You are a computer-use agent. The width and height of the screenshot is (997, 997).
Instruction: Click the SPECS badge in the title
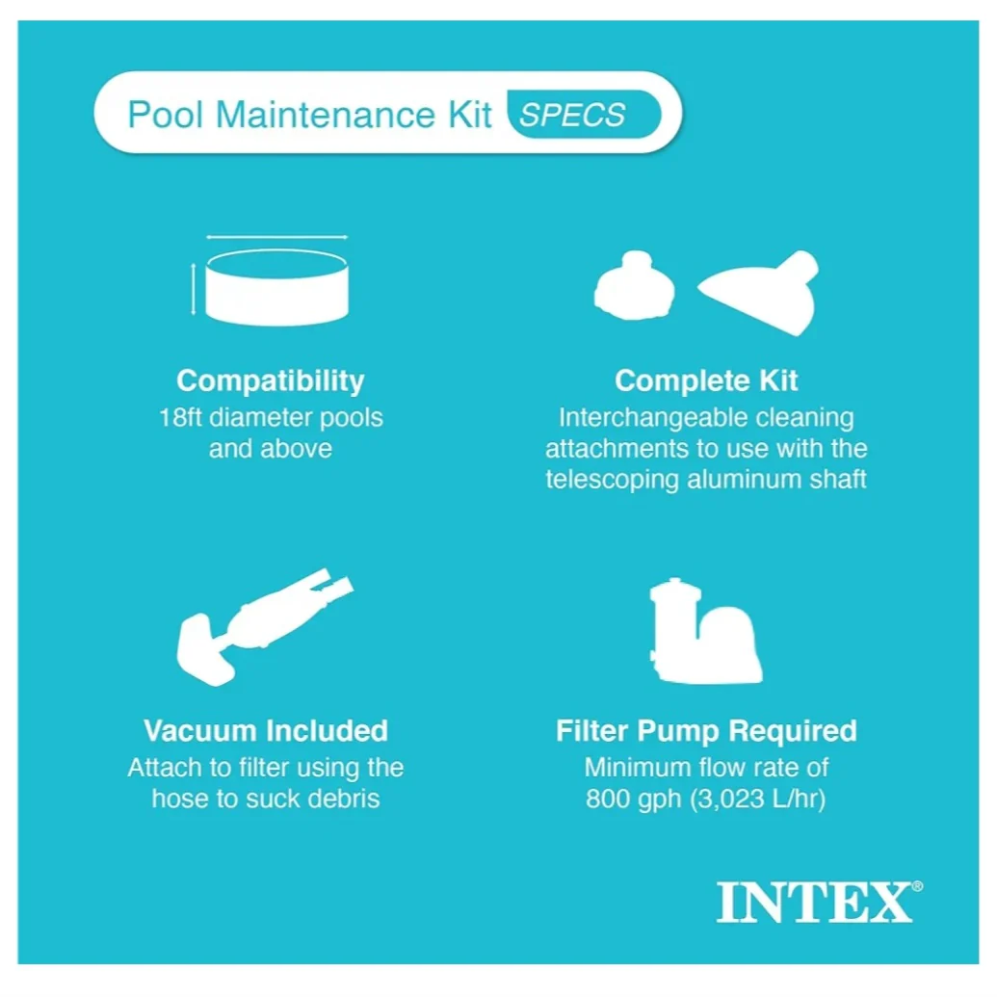point(584,115)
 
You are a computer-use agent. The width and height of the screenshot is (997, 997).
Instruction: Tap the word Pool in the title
point(166,115)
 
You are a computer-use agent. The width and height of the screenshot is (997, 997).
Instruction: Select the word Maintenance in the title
point(325,115)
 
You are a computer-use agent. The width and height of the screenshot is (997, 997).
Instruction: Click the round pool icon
point(276,287)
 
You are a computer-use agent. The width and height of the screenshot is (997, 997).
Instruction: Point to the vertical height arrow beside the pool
point(194,289)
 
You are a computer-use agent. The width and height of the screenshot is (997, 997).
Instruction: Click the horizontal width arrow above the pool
point(276,237)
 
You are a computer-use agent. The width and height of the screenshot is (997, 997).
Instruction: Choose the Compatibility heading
point(271,380)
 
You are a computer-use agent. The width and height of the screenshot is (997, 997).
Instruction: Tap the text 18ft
point(180,418)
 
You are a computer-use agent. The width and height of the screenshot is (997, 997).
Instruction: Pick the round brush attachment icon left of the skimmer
point(634,285)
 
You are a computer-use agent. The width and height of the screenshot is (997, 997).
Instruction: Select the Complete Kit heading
point(706,380)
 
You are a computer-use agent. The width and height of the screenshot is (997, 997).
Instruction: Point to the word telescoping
point(612,480)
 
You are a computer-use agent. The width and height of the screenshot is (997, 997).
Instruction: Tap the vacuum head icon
point(265,627)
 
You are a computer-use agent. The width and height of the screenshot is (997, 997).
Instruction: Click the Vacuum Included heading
point(266,730)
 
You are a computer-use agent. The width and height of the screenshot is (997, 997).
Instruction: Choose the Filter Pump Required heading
point(706,731)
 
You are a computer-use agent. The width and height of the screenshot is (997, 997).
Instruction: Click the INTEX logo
point(820,902)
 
